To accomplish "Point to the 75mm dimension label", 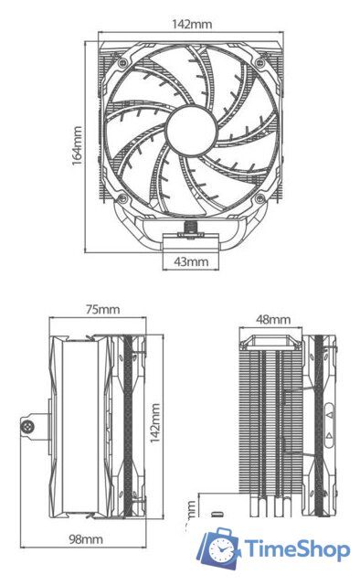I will pyautogui.click(x=101, y=310).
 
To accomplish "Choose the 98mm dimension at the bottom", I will pyautogui.click(x=86, y=539).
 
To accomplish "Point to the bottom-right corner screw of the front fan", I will pyautogui.click(x=264, y=197).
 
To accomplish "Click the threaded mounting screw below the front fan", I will pyautogui.click(x=193, y=224).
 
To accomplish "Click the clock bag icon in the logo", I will pyautogui.click(x=218, y=547).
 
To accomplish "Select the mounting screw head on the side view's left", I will pyautogui.click(x=27, y=425).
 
